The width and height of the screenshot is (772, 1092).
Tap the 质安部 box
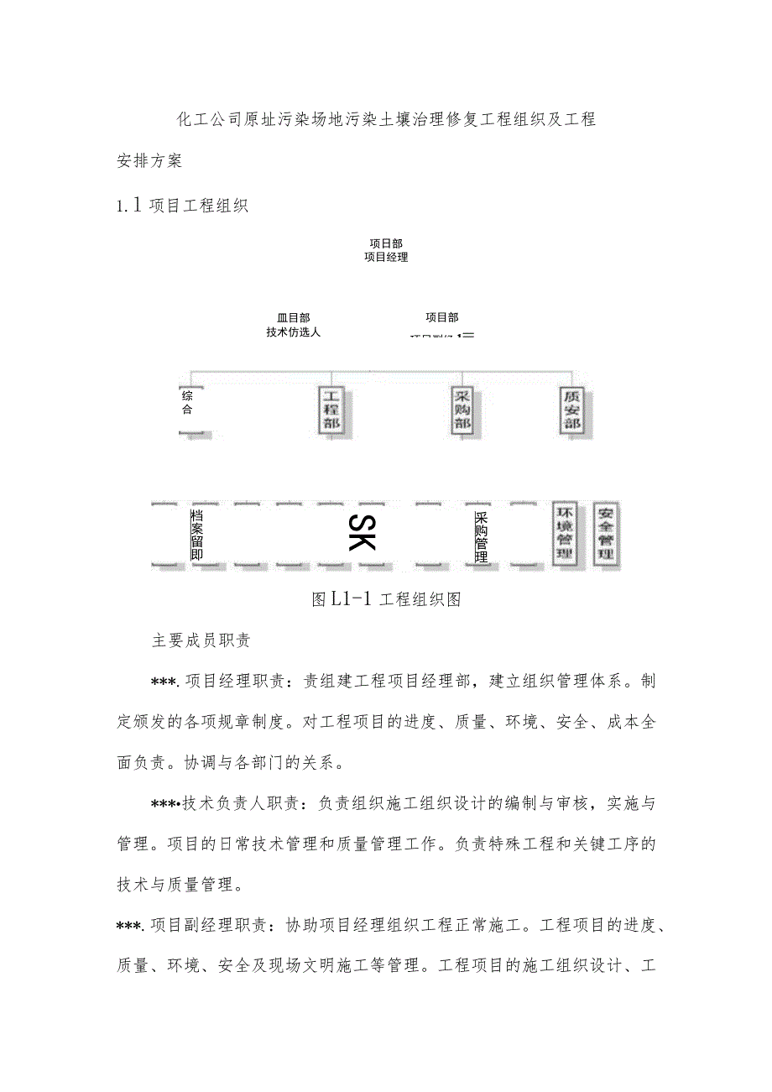tap(571, 410)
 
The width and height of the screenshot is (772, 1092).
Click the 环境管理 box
tap(565, 533)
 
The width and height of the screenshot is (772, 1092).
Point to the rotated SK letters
tap(362, 531)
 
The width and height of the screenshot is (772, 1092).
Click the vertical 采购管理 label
tap(481, 537)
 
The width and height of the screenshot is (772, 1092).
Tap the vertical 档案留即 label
tap(196, 534)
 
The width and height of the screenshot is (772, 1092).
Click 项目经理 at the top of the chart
tap(386, 258)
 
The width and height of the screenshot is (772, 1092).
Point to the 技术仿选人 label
tap(293, 332)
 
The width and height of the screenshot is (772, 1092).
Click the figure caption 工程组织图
tap(420, 599)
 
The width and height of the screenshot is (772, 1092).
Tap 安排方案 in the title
tap(149, 160)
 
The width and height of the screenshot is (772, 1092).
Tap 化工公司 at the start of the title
tap(205, 119)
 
